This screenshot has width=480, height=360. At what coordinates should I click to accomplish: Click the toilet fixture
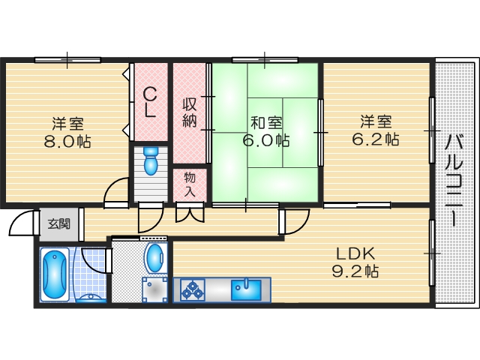point(151,160)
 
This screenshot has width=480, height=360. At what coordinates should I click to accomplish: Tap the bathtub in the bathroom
point(55,274)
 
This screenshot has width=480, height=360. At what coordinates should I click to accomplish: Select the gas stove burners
point(193,290)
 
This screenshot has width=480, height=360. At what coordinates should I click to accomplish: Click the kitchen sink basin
point(246,290)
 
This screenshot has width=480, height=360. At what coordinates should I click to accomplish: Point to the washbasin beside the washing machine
point(156,258)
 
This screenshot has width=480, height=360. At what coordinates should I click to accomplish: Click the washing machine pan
point(154,289)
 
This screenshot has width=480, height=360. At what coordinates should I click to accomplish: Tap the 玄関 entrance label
point(58,224)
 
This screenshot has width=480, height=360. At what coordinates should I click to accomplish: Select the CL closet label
point(150,102)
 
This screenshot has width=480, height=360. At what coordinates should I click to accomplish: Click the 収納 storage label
point(190,112)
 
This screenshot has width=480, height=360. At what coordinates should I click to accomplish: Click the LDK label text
point(355,253)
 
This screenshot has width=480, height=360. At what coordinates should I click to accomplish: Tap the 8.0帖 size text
point(67,142)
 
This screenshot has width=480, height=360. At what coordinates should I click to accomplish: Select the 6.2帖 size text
point(376,139)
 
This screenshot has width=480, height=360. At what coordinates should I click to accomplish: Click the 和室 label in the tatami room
point(266,123)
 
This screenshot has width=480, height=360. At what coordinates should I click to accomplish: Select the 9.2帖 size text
point(355,271)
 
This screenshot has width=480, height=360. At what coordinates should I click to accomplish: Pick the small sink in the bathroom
point(90,298)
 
